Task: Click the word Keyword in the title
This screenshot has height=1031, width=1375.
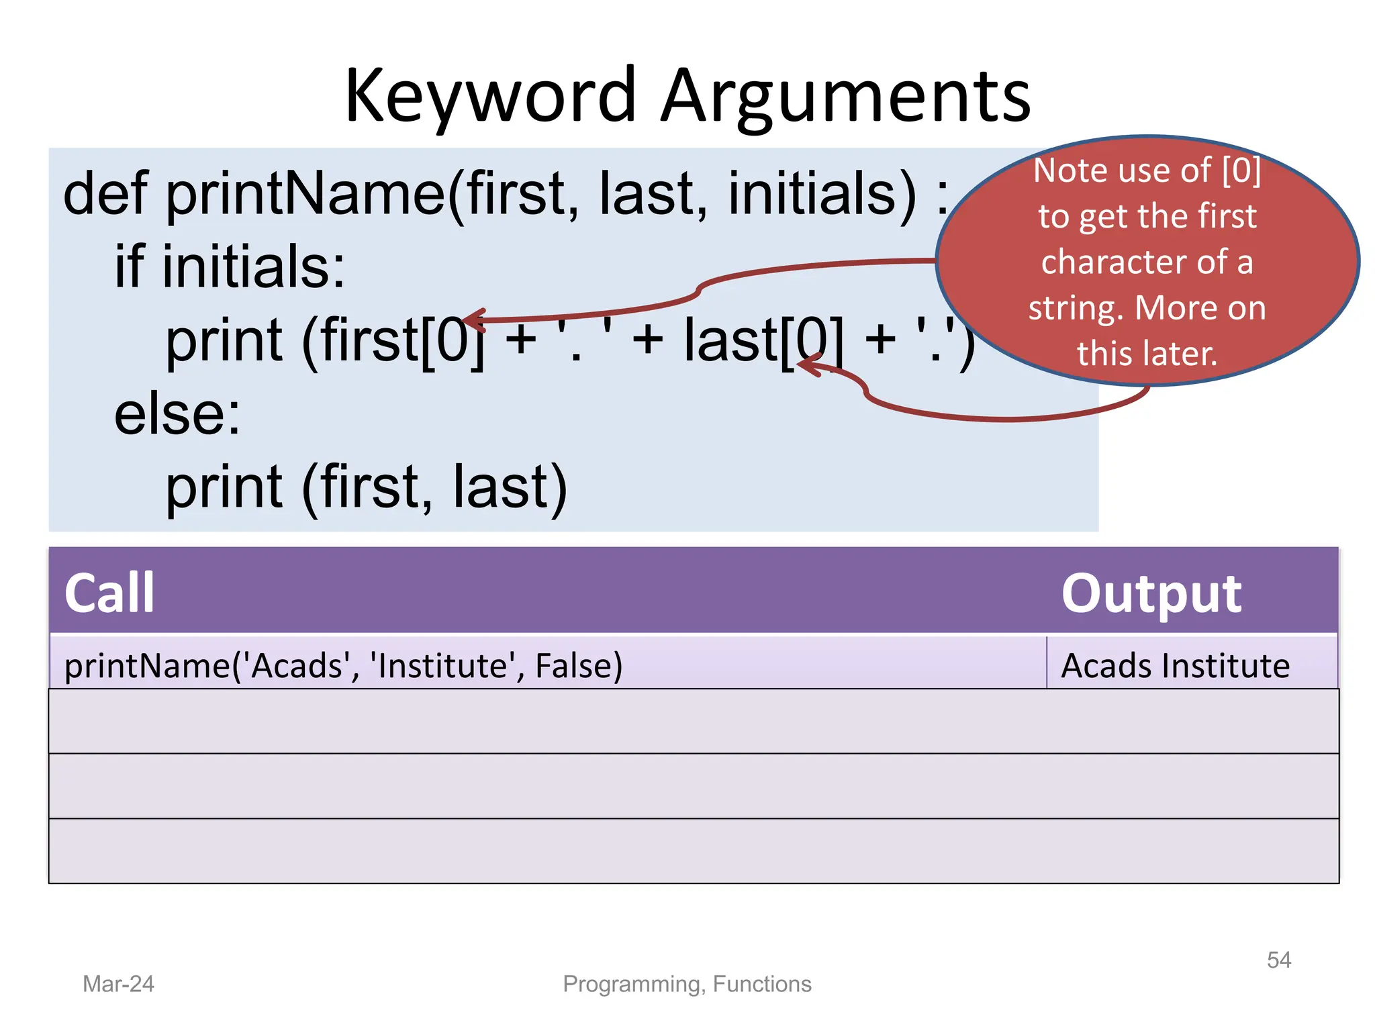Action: [x=490, y=97]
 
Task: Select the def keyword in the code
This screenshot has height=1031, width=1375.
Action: [x=105, y=193]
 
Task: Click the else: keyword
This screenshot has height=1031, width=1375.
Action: [x=177, y=414]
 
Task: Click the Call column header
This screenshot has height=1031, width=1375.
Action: [x=109, y=593]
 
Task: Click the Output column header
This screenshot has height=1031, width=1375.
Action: [x=1151, y=593]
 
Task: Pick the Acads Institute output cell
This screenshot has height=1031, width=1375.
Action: [x=1175, y=666]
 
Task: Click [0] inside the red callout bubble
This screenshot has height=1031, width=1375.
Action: [x=1241, y=170]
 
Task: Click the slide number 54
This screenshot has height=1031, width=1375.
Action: [x=1278, y=960]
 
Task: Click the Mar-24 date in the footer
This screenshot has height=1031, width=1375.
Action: [x=118, y=984]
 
